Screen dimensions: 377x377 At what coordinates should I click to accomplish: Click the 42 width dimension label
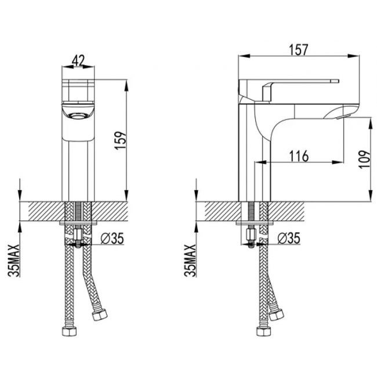[78, 60]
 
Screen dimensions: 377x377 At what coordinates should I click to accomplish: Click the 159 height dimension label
[121, 140]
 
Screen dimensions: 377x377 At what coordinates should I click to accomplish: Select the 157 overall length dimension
[298, 50]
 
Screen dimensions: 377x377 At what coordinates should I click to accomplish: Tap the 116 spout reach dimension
[299, 156]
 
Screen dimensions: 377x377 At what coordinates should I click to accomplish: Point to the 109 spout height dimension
[365, 159]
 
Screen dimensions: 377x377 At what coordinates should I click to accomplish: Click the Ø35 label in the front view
[112, 238]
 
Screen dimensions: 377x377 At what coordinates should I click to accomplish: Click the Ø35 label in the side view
[289, 238]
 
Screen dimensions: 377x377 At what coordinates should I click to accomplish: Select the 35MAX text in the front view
[14, 260]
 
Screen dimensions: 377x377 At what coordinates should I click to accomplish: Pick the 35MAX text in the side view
[190, 260]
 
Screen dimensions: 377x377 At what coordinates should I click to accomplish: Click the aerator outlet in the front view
[77, 117]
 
